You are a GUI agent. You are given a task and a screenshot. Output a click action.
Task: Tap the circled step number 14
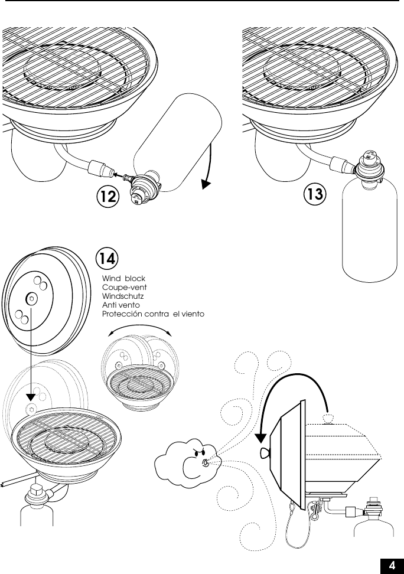click(x=107, y=258)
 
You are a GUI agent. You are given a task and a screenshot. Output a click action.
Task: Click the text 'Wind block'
click(x=123, y=278)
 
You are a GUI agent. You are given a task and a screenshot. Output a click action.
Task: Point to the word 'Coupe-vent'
click(x=124, y=287)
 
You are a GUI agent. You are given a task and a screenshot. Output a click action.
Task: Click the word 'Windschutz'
click(x=124, y=296)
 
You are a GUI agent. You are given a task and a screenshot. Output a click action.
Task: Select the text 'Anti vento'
click(x=121, y=305)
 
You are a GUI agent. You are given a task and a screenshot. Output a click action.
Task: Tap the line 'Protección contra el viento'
click(x=153, y=314)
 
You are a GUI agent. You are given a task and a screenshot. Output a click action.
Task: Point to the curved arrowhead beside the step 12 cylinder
click(x=206, y=185)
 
